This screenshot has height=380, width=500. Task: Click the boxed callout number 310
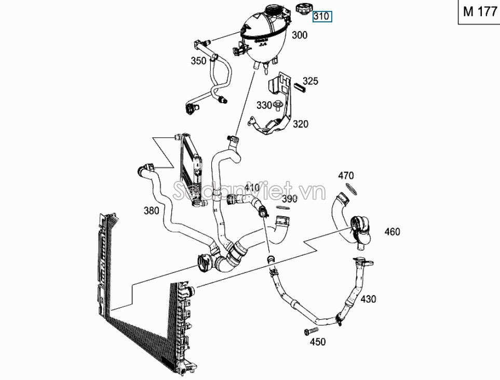(x=322, y=16)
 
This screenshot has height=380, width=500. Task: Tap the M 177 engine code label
(x=480, y=11)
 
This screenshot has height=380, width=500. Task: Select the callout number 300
(x=300, y=35)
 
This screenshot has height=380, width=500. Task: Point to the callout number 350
(x=198, y=61)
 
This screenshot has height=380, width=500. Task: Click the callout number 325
(x=310, y=81)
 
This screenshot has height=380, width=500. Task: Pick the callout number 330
(x=264, y=105)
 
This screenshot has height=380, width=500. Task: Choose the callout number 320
(x=301, y=124)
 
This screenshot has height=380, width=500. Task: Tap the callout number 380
(x=151, y=211)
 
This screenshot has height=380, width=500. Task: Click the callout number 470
(x=346, y=176)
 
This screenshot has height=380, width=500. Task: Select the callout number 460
(x=392, y=232)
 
